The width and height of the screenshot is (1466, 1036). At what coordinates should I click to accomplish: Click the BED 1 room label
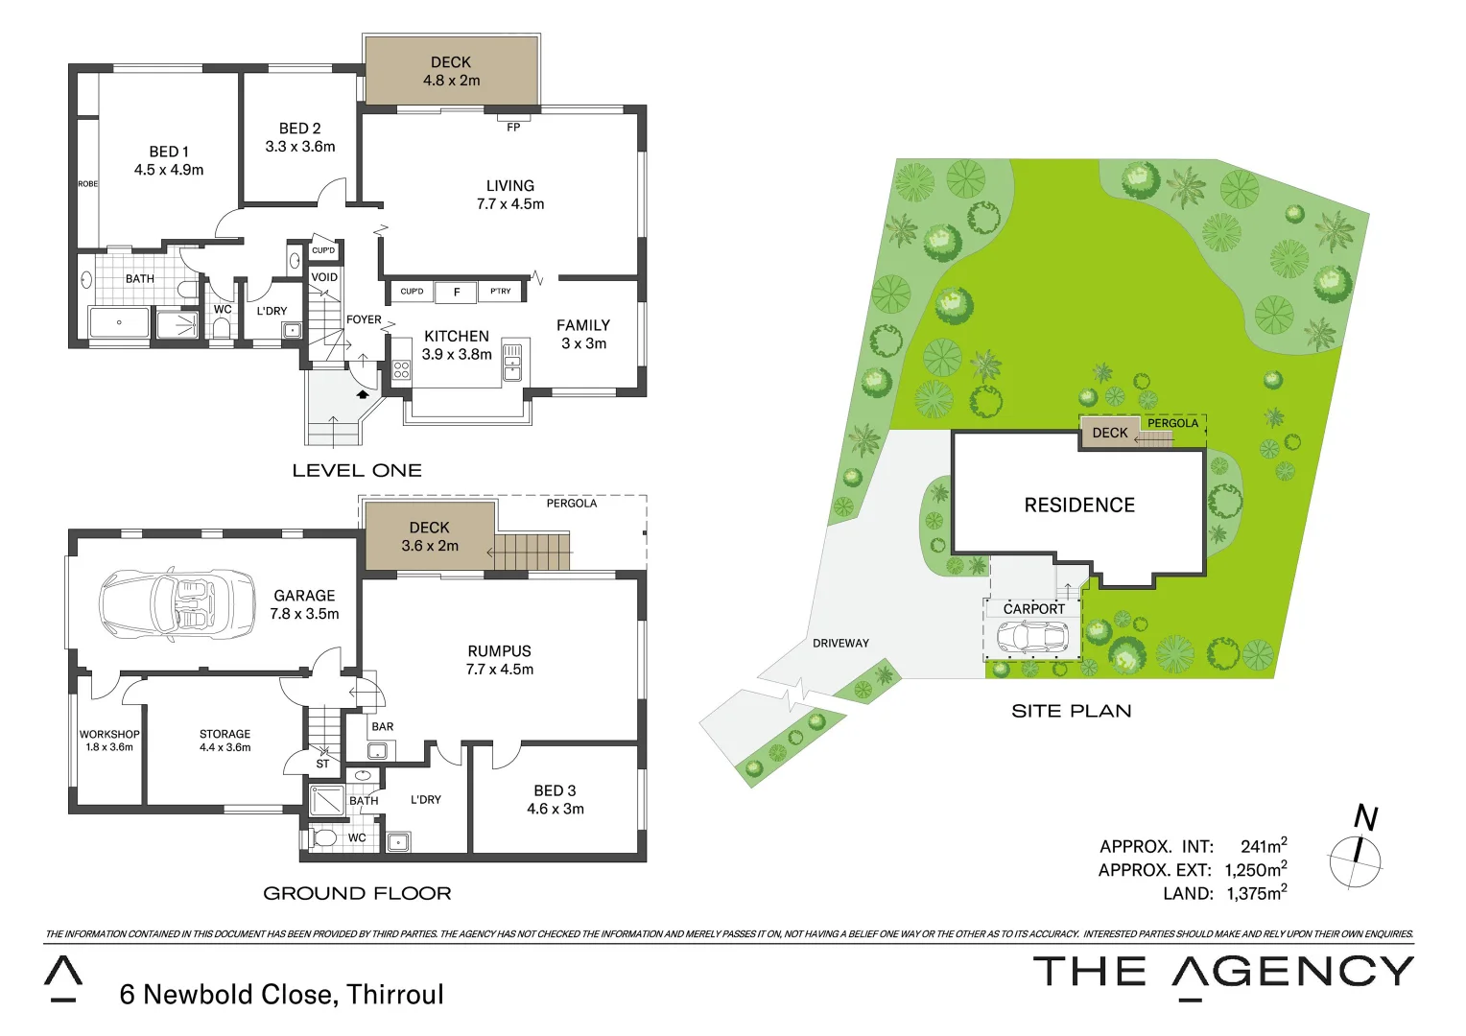[169, 153]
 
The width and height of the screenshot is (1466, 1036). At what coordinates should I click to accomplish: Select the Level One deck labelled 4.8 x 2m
[451, 71]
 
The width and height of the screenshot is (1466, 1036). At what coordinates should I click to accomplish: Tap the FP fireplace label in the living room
[513, 127]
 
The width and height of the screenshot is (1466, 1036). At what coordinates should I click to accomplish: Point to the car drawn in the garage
[177, 604]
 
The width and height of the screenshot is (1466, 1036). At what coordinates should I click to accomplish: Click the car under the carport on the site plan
[1031, 637]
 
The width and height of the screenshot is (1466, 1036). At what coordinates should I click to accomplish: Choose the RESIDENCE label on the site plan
[1079, 506]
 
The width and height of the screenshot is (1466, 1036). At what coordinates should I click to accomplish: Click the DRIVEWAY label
[840, 644]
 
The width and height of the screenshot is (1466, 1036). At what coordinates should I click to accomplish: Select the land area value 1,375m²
[1256, 893]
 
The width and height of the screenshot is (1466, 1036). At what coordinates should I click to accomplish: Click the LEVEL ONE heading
[357, 471]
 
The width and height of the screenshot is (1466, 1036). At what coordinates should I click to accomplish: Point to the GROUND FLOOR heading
[357, 893]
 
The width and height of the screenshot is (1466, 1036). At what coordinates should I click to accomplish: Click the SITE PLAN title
[1071, 711]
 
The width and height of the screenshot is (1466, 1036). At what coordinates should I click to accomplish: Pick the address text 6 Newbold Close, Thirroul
[281, 995]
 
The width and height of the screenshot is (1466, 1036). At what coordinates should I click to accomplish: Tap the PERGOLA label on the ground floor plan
[571, 504]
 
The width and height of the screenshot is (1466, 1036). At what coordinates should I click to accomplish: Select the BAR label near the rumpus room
[383, 727]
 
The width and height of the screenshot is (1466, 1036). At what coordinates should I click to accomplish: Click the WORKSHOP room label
[109, 735]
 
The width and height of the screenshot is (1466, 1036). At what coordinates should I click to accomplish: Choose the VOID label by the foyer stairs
[324, 277]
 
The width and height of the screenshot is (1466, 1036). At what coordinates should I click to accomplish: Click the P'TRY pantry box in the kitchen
[501, 292]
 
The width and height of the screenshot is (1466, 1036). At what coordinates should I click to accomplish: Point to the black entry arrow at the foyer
[363, 392]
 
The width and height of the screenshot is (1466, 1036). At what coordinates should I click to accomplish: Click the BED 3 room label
[555, 791]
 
